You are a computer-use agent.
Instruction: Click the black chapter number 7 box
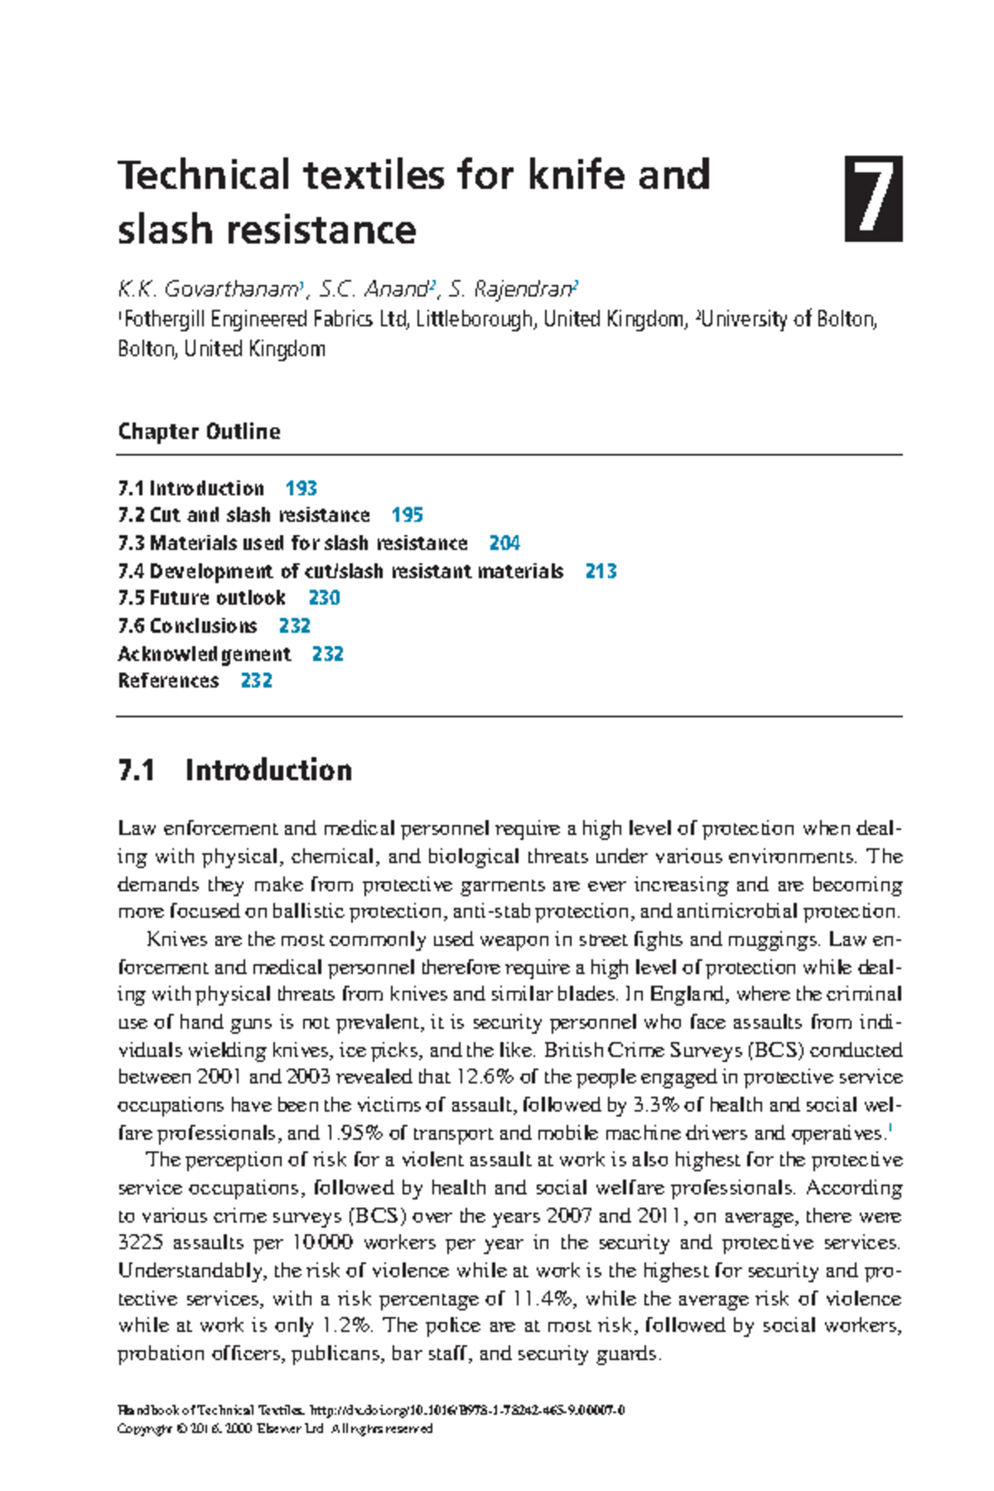pos(873,199)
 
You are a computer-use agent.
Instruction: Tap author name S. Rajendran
pos(511,289)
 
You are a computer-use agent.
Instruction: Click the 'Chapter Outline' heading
pos(199,432)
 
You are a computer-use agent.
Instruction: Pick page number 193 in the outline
pos(301,489)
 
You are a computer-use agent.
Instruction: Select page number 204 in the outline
pos(504,543)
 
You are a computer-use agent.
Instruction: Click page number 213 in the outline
pos(601,572)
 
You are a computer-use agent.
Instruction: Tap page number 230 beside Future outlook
pos(324,598)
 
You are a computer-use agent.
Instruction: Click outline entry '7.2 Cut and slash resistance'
pos(244,515)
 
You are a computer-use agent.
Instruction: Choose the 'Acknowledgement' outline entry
pos(204,654)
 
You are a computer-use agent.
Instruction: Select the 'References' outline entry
pos(168,681)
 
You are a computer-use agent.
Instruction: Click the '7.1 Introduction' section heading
pos(235,770)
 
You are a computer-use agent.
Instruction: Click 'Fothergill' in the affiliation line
pos(163,320)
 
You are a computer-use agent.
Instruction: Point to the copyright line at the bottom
pos(275,1429)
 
